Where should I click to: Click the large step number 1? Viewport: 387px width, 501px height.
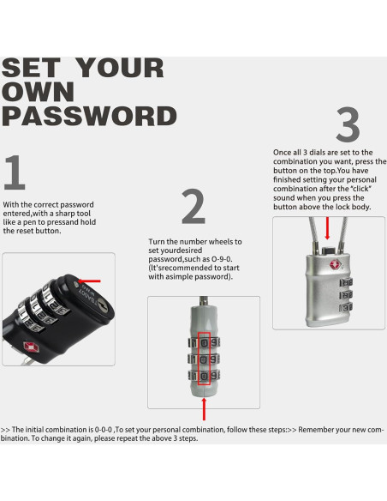(x=15, y=172)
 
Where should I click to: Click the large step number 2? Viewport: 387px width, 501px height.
(x=193, y=207)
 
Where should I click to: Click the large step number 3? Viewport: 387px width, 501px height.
(x=348, y=124)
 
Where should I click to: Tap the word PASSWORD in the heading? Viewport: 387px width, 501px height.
(x=89, y=116)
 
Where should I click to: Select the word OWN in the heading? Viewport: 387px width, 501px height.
(x=38, y=92)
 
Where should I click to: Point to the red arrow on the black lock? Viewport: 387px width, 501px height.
(x=89, y=281)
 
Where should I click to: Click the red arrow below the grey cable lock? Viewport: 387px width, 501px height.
(x=204, y=409)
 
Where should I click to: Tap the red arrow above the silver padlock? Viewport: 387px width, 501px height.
(x=327, y=228)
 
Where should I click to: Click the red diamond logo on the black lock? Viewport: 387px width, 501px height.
(x=31, y=347)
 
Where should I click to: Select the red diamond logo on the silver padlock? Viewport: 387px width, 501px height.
(x=336, y=264)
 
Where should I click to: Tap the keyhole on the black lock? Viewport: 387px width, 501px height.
(x=103, y=305)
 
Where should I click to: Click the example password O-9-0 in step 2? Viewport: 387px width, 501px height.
(x=222, y=259)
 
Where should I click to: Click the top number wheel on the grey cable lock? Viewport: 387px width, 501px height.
(x=205, y=343)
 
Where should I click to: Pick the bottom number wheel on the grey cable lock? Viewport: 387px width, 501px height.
(x=205, y=376)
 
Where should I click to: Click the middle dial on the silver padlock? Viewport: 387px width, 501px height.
(x=346, y=294)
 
